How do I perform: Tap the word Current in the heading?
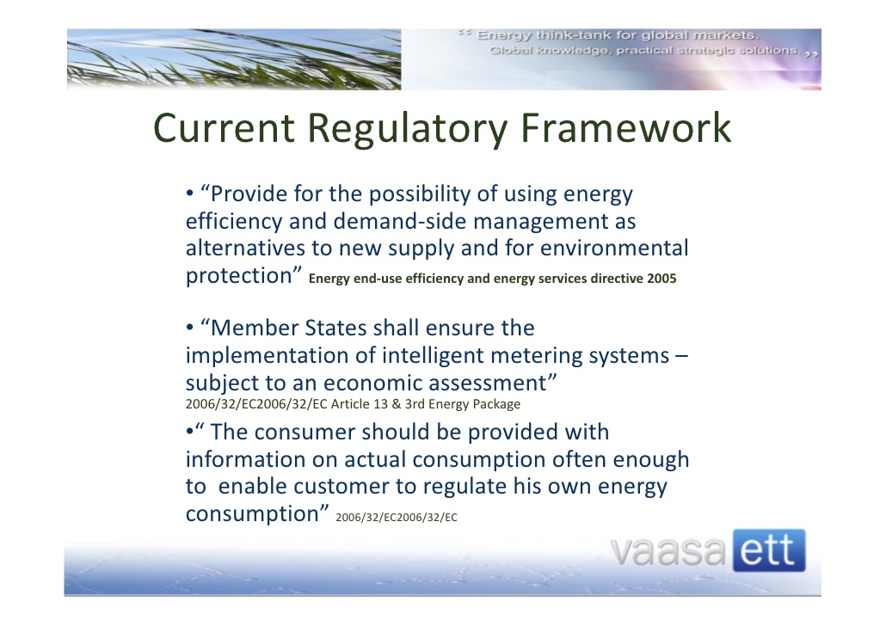pos(225,129)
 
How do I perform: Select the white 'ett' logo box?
pos(769,551)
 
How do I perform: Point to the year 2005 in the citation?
pos(662,279)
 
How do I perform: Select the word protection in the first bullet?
pos(238,276)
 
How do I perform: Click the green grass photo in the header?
pos(232,59)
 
